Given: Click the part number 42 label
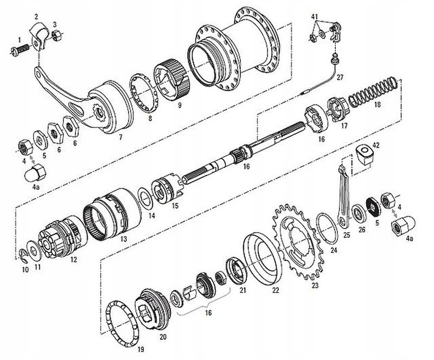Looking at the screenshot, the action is point(375,145).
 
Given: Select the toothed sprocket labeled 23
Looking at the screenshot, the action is point(296,241).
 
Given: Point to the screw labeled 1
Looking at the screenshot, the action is point(21,49).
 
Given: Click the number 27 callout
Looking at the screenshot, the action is point(340,77).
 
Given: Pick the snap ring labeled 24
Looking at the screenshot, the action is point(327,228).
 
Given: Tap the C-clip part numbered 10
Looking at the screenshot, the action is point(23,255).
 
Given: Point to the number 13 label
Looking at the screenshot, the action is point(124,238).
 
